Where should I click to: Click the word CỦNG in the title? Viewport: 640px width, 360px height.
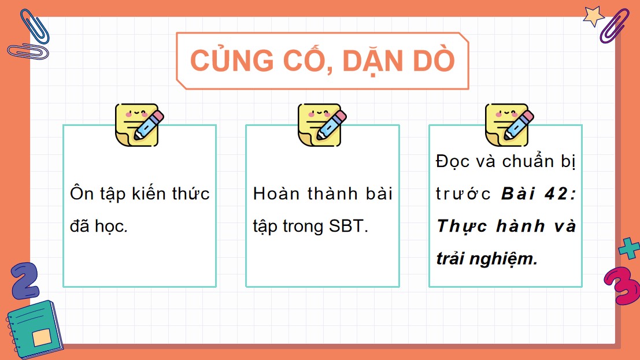pyautogui.click(x=223, y=61)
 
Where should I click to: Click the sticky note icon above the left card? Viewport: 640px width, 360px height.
pyautogui.click(x=139, y=124)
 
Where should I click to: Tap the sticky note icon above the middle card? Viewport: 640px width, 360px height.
pyautogui.click(x=321, y=124)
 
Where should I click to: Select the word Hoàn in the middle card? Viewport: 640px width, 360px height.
pyautogui.click(x=274, y=193)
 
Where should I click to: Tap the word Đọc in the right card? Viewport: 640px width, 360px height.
pyautogui.click(x=454, y=161)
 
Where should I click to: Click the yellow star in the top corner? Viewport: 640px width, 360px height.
pyautogui.click(x=594, y=15)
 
